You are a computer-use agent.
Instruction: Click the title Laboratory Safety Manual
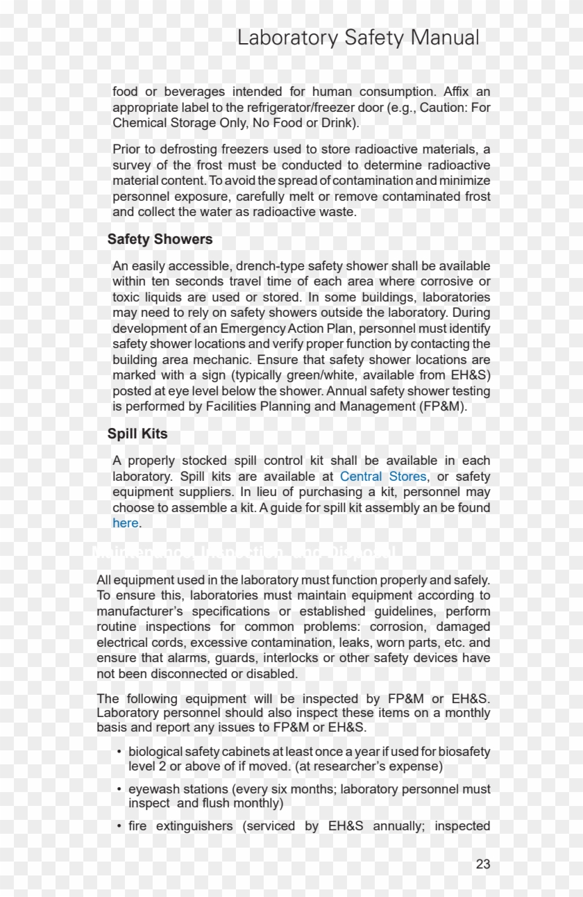358,38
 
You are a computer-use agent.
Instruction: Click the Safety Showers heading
160,239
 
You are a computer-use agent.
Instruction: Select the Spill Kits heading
137,434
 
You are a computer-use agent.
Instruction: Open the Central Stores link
383,477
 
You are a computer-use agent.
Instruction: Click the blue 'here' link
126,523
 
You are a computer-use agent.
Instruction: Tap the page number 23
483,864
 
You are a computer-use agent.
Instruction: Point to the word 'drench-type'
270,266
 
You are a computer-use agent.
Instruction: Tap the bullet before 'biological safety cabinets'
119,752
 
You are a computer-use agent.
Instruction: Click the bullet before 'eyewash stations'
119,789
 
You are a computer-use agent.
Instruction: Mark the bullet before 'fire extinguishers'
119,826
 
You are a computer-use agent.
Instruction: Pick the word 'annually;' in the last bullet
399,826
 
